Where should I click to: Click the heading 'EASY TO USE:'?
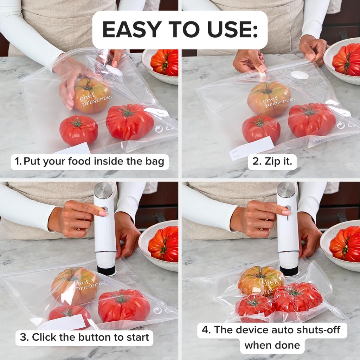pos(180,30)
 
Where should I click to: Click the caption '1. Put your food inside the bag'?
pos(89,162)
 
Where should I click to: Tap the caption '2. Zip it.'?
pos(272,162)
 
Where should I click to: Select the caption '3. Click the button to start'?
pos(84,337)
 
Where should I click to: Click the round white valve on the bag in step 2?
pos(300,75)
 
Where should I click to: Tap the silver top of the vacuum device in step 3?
pos(103,190)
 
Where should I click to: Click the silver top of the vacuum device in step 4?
pos(286,190)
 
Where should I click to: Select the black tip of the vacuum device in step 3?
pos(106,271)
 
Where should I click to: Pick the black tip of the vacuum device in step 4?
pos(289,271)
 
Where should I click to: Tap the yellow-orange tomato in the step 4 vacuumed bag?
pos(261,281)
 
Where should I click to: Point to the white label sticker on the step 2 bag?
pos(252,148)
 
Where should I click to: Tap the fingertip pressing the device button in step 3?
pos(102,213)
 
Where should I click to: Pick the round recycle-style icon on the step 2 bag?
pos(340,125)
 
